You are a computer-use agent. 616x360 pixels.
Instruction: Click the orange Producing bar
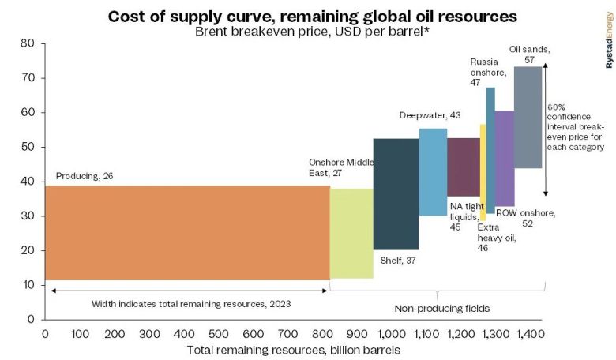pos(187,232)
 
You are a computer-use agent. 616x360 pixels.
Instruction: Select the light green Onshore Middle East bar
pos(351,233)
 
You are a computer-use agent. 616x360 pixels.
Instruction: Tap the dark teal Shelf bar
pos(396,193)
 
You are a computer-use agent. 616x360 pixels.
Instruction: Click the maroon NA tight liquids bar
pos(464,167)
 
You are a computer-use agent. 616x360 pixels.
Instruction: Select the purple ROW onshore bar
pos(504,158)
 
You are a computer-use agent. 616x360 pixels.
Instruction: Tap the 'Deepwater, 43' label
pos(430,115)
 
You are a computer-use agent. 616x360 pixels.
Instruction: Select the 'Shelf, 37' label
pos(400,261)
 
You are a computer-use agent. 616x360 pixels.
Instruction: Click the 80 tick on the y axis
pos(27,43)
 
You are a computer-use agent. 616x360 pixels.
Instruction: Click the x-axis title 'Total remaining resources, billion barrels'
pos(293,350)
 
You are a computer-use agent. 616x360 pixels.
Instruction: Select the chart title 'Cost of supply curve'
pos(301,16)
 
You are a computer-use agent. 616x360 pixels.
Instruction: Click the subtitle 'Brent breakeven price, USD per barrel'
pos(302,32)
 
